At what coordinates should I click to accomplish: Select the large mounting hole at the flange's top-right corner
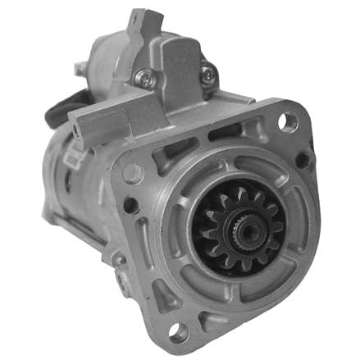tap(289, 121)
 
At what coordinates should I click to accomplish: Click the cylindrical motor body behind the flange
tap(70, 189)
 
